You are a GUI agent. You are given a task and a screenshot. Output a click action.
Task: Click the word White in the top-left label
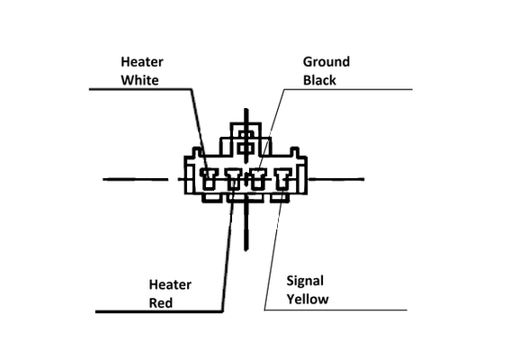(139, 80)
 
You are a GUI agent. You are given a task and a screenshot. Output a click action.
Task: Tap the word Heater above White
(142, 62)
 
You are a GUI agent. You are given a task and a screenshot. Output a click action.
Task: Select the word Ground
(327, 62)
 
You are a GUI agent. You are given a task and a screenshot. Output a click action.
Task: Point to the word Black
(319, 80)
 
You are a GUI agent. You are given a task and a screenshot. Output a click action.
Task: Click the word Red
(161, 303)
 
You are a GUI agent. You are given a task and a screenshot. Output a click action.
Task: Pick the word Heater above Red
(170, 284)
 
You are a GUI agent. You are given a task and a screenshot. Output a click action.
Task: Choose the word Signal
(305, 281)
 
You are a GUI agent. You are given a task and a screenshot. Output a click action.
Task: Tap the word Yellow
(308, 299)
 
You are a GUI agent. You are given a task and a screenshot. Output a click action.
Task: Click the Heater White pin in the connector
(209, 179)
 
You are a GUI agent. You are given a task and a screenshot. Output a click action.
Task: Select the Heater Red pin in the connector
(234, 179)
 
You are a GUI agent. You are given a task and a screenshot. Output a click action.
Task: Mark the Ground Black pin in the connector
(258, 179)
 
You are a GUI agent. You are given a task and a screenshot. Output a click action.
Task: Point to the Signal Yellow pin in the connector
(282, 179)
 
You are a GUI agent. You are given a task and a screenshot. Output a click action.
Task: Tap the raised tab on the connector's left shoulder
(197, 152)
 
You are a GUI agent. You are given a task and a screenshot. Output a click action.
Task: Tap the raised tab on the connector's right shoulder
(294, 152)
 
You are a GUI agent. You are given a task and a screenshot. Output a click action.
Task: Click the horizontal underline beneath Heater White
(140, 89)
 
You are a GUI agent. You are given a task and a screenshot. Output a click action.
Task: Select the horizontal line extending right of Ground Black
(348, 89)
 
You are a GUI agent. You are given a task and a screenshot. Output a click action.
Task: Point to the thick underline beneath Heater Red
(159, 311)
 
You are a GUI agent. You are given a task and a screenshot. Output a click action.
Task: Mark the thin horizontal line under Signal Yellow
(336, 310)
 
